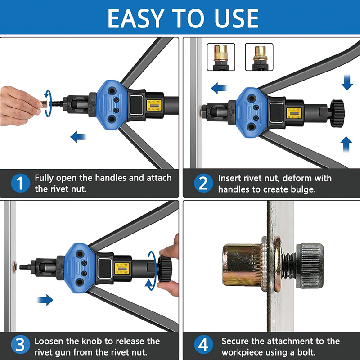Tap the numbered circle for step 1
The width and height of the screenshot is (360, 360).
pyautogui.click(x=20, y=183)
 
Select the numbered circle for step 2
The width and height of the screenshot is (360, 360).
pyautogui.click(x=204, y=183)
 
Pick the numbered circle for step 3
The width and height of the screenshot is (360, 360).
pyautogui.click(x=20, y=344)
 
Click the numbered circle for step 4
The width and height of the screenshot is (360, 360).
pyautogui.click(x=204, y=344)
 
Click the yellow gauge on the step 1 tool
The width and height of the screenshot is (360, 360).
pyautogui.click(x=154, y=105)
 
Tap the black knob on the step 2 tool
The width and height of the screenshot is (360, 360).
pyautogui.click(x=337, y=113)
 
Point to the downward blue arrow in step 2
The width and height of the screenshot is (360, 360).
pyautogui.click(x=347, y=82)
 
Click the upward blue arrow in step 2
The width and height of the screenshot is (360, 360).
pyautogui.click(x=346, y=144)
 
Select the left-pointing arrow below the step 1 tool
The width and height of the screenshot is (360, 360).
pyautogui.click(x=78, y=137)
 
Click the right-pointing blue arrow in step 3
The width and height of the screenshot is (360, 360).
pyautogui.click(x=45, y=300)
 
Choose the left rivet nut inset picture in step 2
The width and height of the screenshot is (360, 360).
pyautogui.click(x=221, y=57)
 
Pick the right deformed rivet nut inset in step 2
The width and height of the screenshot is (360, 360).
pyautogui.click(x=259, y=57)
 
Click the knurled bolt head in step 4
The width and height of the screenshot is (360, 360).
pyautogui.click(x=310, y=266)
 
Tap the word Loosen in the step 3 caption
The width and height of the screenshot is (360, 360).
pyautogui.click(x=49, y=341)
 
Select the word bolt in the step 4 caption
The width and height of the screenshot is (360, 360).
pyautogui.click(x=306, y=352)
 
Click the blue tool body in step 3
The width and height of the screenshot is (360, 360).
pyautogui.click(x=79, y=268)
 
